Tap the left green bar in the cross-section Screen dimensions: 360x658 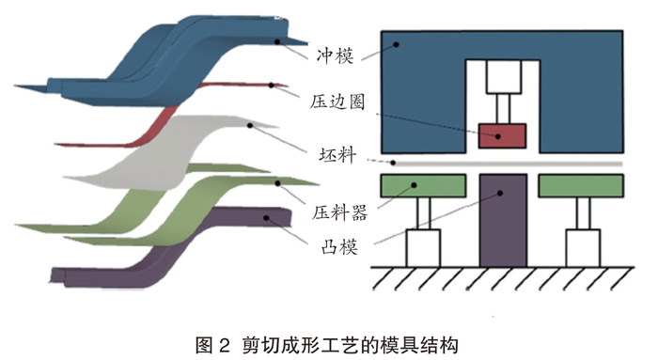click(420, 185)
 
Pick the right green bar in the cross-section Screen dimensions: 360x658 click(580, 185)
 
